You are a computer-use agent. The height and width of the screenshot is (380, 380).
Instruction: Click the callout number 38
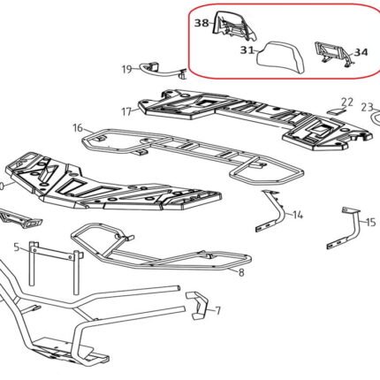(202, 23)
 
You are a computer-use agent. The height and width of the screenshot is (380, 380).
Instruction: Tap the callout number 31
(247, 50)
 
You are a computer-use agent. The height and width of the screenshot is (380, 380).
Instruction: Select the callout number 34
(361, 52)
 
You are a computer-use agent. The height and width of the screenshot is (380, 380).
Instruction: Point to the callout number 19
(127, 70)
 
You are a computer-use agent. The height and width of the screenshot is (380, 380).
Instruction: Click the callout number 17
(126, 112)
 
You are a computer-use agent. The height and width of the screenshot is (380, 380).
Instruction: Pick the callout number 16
(78, 128)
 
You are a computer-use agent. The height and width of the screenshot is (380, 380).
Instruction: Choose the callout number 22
(347, 103)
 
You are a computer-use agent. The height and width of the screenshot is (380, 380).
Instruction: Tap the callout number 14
(298, 215)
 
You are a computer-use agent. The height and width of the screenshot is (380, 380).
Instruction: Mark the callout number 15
(371, 222)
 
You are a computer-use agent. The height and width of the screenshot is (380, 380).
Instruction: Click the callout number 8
(241, 272)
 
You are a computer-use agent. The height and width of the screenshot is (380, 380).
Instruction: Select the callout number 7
(217, 310)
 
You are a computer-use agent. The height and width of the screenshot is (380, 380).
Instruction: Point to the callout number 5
(17, 247)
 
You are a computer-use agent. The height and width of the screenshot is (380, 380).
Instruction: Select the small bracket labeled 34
(334, 54)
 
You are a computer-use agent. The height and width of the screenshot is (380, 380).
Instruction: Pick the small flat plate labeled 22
(336, 111)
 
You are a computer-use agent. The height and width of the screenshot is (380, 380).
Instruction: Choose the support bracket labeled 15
(346, 229)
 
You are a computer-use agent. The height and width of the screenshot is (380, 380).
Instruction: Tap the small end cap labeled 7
(199, 306)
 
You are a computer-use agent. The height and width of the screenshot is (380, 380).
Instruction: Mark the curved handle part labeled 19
(163, 71)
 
